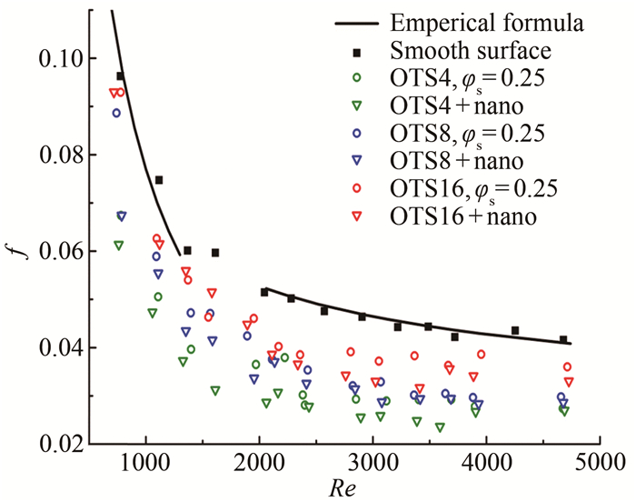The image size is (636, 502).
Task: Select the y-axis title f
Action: [x=17, y=244]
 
